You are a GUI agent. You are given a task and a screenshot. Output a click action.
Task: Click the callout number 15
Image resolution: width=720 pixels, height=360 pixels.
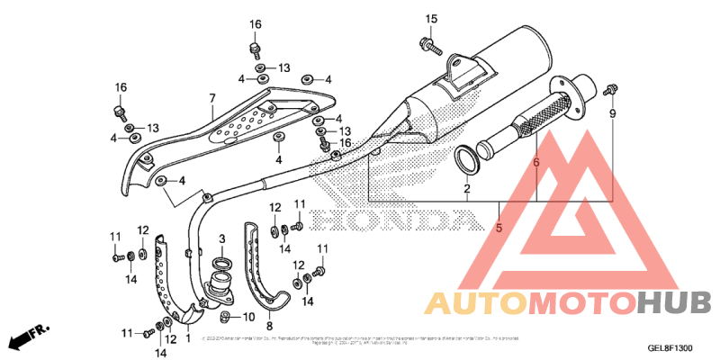pos(430,19)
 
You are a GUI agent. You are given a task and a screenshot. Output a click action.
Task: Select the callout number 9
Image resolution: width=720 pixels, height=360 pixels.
pos(613,114)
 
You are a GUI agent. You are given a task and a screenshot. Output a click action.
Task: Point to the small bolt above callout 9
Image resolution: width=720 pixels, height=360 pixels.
pos(611,88)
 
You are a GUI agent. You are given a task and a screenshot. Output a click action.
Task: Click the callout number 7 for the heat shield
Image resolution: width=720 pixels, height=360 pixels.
pos(212,98)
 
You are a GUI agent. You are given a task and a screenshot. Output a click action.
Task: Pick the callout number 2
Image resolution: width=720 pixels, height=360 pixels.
pos(468,189)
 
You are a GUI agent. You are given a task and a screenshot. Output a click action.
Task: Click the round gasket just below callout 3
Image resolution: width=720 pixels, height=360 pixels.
pos(221,264)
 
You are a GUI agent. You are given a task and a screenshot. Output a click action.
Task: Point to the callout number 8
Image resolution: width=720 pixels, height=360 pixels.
pos(269,325)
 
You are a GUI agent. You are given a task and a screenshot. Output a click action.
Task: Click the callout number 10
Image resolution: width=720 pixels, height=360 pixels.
pos(248,318)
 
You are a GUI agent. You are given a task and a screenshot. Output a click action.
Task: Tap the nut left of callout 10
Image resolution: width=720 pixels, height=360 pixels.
pos(225,318)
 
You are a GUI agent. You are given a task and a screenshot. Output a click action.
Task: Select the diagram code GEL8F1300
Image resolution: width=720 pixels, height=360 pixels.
pos(670,348)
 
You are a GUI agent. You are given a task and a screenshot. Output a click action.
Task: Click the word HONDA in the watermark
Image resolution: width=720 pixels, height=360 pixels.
pos(397,220)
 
